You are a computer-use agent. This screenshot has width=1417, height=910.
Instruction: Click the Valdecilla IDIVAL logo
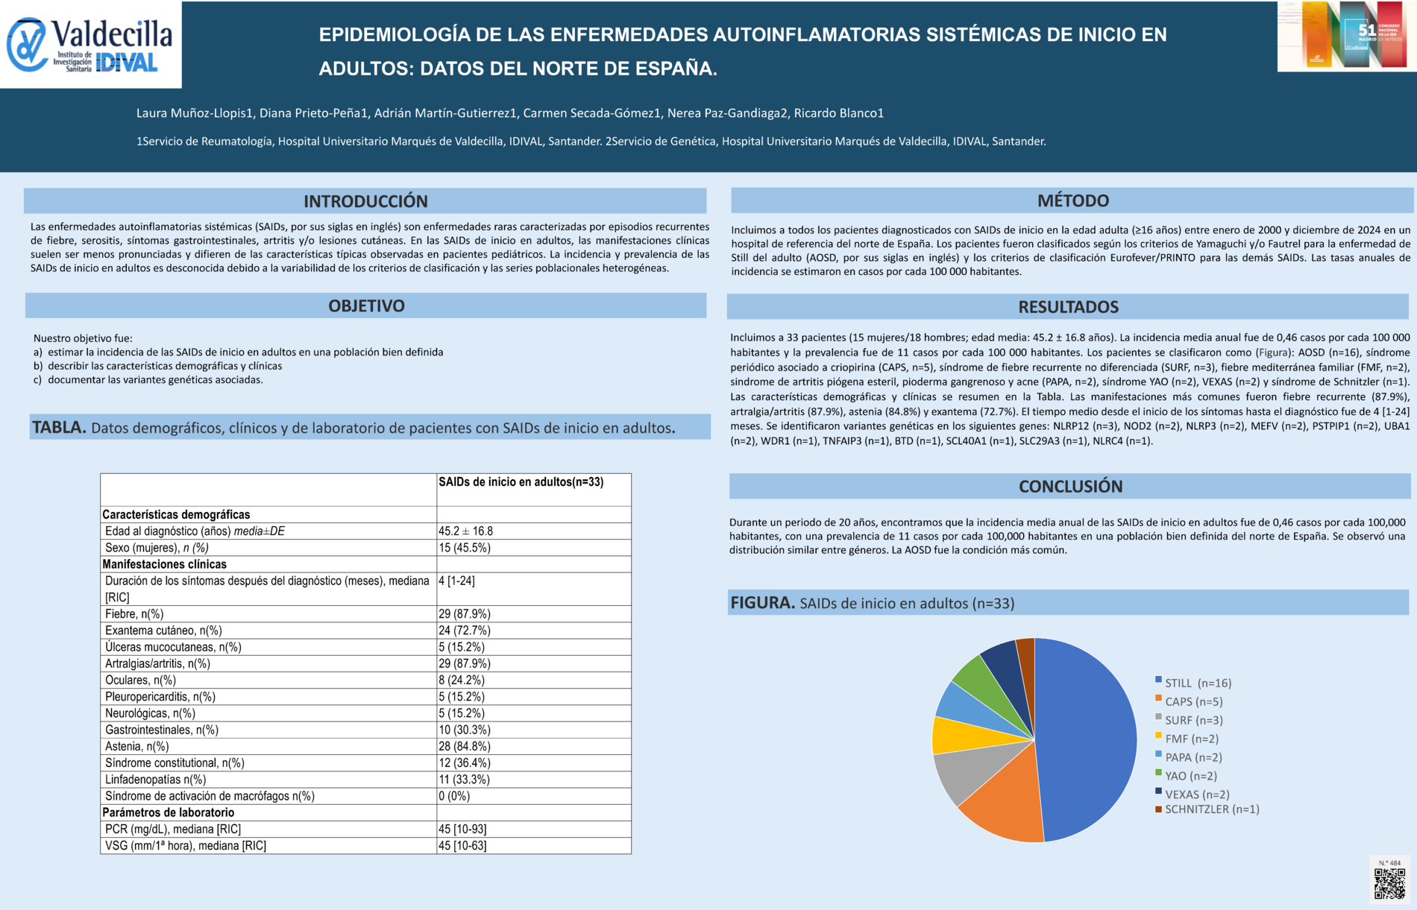pos(90,45)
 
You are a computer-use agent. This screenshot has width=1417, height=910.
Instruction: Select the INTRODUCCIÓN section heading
pos(365,201)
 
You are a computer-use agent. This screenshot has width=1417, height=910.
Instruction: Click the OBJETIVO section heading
pos(366,306)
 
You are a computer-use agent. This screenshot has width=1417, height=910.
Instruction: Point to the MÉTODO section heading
pos(1072,200)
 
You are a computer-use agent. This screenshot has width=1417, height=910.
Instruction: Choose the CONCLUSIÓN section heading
pos(1070,487)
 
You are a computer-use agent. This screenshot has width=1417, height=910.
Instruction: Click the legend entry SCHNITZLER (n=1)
pos(1211,809)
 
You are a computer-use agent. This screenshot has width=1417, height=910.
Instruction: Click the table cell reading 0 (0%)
pos(454,796)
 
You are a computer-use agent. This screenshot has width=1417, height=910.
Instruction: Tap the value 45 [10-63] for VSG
pos(462,846)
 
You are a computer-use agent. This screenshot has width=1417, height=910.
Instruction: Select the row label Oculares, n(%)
pos(140,680)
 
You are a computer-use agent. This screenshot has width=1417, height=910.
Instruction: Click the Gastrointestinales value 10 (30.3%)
pos(465,730)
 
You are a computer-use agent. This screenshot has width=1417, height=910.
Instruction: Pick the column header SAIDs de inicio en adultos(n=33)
pos(521,482)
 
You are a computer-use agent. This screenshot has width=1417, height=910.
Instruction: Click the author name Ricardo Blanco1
pos(838,113)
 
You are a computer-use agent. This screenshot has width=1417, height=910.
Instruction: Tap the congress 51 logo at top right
pos(1346,36)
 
